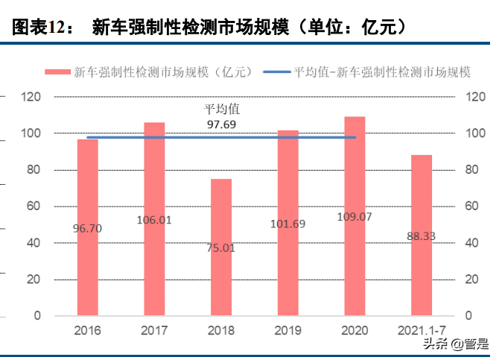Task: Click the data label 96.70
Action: (88, 229)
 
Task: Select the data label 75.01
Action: (221, 247)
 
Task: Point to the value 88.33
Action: (422, 236)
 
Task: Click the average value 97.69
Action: (221, 124)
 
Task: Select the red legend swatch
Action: (59, 72)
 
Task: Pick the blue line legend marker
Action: (276, 72)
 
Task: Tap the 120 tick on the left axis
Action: (31, 97)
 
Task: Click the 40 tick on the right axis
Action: (471, 243)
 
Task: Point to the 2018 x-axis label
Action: (221, 330)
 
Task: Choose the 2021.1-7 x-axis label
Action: (422, 330)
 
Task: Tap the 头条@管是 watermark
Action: (457, 344)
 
